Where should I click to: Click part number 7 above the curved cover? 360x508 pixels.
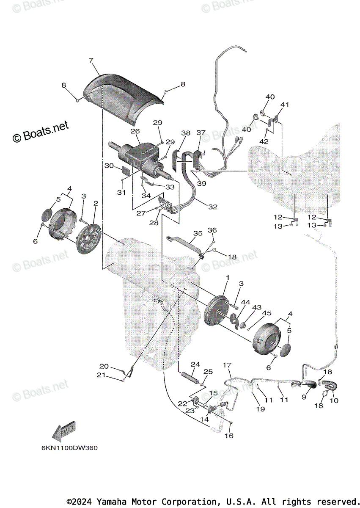[91, 61]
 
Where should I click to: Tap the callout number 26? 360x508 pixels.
[135, 131]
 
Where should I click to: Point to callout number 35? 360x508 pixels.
[198, 233]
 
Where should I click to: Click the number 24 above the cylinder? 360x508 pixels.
[195, 364]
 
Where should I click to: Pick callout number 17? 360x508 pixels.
[227, 364]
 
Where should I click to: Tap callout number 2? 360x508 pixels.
[96, 204]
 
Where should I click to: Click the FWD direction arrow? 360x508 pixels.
[62, 431]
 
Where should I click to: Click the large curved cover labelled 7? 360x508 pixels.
[123, 99]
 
